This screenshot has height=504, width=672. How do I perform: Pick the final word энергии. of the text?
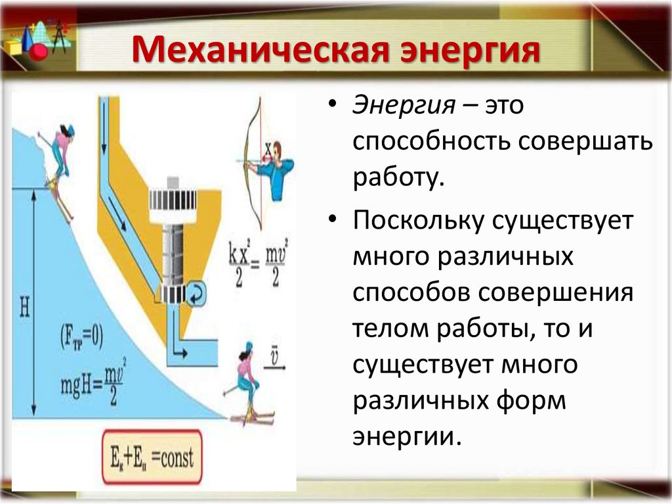(x=404, y=436)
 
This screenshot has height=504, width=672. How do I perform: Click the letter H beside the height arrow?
(x=24, y=307)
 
